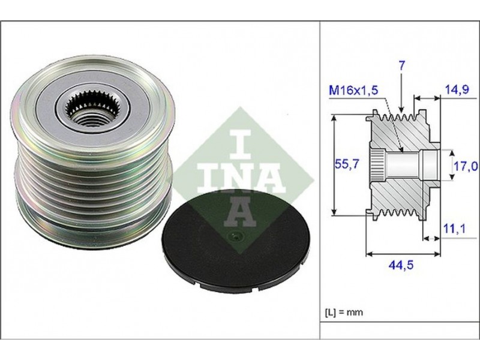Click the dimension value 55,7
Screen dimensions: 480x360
coord(347,164)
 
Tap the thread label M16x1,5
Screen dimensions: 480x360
coord(353,91)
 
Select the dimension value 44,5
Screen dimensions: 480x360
coord(401,265)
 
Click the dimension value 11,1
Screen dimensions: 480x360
coord(455,228)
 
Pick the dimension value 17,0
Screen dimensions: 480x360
coord(466,166)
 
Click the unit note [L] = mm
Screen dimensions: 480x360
coord(344,312)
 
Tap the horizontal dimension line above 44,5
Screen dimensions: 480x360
coord(403,253)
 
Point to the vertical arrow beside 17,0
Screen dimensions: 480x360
coord(452,164)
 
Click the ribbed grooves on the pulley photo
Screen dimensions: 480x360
coord(92,181)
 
